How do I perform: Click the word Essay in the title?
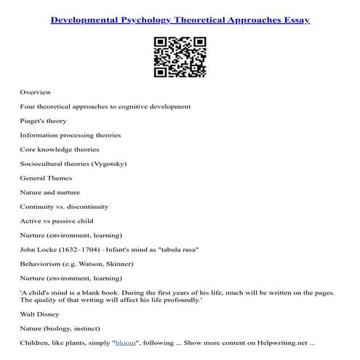(292, 20)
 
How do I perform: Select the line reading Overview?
(34, 92)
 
